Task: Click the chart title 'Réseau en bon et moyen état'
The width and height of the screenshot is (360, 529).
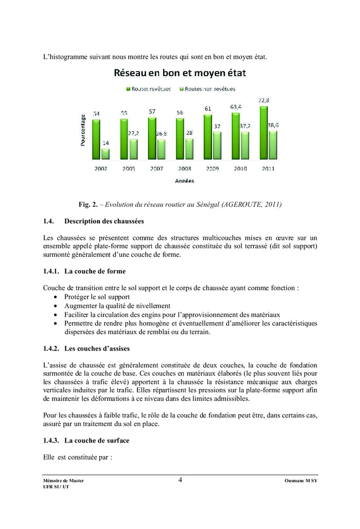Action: [x=179, y=73]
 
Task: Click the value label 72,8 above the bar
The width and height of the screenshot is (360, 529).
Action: [x=264, y=100]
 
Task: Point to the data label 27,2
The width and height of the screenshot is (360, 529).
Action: [x=134, y=133]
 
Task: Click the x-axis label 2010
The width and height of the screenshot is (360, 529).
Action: [x=240, y=168]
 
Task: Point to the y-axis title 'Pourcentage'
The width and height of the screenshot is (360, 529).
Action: [x=83, y=130]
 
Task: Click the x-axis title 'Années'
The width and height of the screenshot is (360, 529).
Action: [x=184, y=181]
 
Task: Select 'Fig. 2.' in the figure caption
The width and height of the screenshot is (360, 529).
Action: [x=88, y=204]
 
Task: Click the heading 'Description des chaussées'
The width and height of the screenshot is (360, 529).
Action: [x=104, y=221]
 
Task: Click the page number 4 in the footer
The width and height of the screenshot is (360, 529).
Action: [x=181, y=480]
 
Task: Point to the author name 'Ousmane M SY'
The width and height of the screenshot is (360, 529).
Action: [x=301, y=481]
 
